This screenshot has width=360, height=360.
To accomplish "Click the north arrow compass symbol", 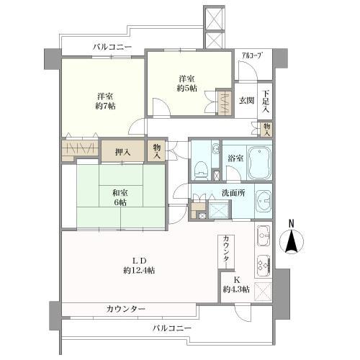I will (292, 243).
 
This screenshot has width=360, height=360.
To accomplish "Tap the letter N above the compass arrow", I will (292, 223).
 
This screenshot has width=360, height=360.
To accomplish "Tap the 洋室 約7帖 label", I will (105, 101).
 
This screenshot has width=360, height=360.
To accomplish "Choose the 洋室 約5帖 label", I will (186, 84).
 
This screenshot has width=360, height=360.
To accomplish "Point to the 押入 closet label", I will (123, 151).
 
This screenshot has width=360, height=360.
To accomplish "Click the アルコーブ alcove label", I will (251, 55).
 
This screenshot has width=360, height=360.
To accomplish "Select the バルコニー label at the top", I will (112, 48).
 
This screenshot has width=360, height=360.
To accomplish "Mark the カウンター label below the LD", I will (125, 309).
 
